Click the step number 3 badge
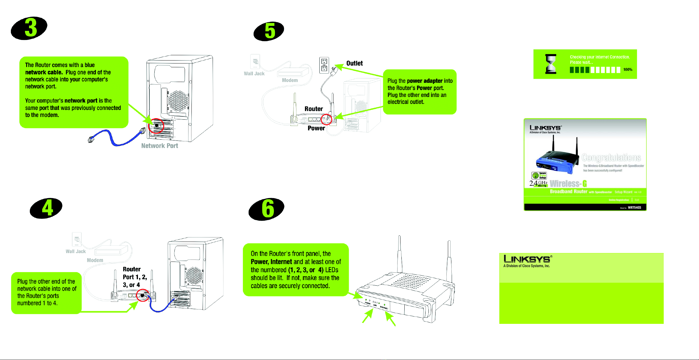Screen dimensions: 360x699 tap(29, 28)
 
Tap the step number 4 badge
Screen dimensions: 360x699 tap(46, 208)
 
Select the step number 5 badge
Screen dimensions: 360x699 tap(269, 31)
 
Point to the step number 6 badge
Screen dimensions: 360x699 tap(267, 209)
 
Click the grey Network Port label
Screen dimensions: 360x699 tap(160, 146)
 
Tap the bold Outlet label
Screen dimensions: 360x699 tap(354, 63)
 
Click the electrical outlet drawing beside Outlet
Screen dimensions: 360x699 tap(324, 65)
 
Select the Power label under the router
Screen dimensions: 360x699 tap(316, 128)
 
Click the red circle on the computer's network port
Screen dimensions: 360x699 tap(156, 126)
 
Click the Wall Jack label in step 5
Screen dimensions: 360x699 tap(254, 73)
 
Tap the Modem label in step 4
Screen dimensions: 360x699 tap(95, 260)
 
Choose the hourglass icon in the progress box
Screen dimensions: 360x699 tap(551, 64)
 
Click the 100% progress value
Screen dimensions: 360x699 tap(628, 70)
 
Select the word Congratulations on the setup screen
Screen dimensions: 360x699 tap(611, 158)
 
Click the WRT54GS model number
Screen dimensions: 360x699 tap(634, 207)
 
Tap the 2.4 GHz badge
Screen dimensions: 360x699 tap(538, 184)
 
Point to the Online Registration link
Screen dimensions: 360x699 tap(619, 200)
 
